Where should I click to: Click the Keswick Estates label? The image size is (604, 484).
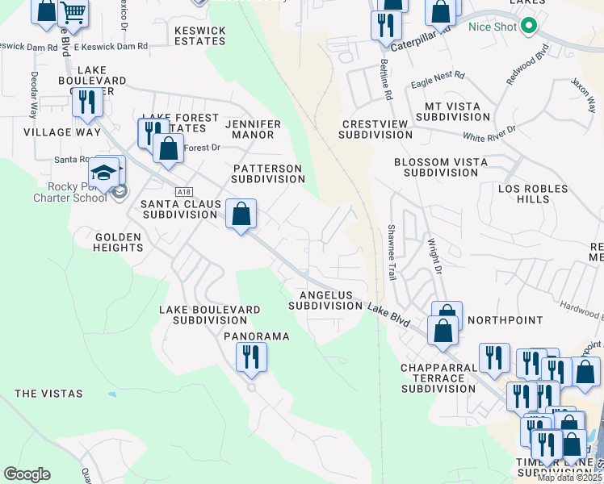pyautogui.click(x=199, y=35)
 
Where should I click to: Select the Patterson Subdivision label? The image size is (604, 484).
pyautogui.click(x=267, y=173)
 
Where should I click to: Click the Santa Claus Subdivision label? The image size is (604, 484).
pyautogui.click(x=179, y=210)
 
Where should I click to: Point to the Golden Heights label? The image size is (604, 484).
pyautogui.click(x=107, y=242)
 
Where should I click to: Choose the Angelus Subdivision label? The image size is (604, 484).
pyautogui.click(x=325, y=301)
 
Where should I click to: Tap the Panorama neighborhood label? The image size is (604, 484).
pyautogui.click(x=256, y=336)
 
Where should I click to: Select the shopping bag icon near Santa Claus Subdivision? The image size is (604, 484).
pyautogui.click(x=241, y=214)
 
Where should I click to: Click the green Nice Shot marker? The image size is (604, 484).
pyautogui.click(x=530, y=27)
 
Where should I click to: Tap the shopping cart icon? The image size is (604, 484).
pyautogui.click(x=73, y=13)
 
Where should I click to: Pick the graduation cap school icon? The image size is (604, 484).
pyautogui.click(x=105, y=173)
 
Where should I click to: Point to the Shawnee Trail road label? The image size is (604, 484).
pyautogui.click(x=392, y=252)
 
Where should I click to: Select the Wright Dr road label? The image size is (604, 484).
pyautogui.click(x=434, y=255)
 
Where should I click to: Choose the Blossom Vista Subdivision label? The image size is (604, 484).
pyautogui.click(x=440, y=167)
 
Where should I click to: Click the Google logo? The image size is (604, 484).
pyautogui.click(x=27, y=474)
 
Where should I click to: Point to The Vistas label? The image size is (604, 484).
pyautogui.click(x=48, y=394)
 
